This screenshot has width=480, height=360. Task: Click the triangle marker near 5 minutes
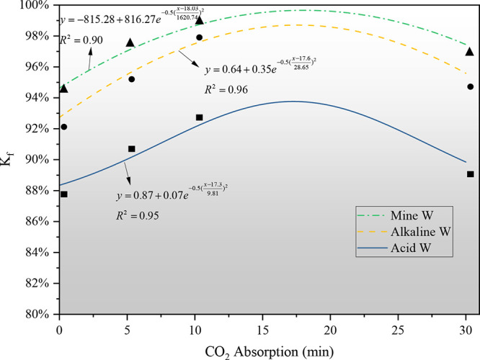pos(130,42)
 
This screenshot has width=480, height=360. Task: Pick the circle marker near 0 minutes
pos(63,127)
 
